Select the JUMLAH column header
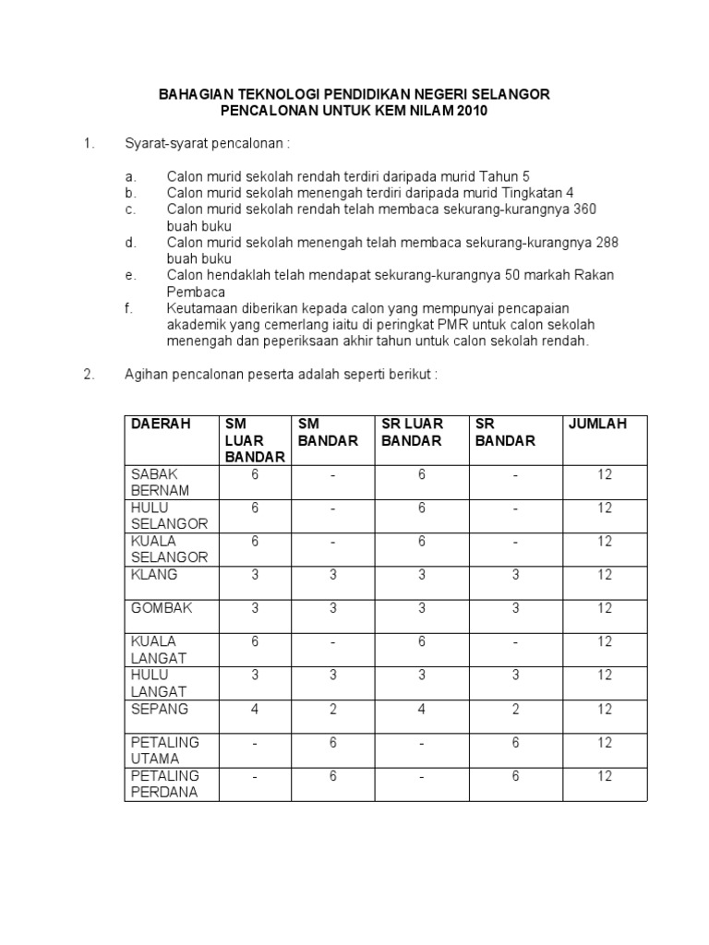pyautogui.click(x=596, y=424)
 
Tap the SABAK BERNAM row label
pyautogui.click(x=160, y=482)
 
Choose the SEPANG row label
pyautogui.click(x=160, y=709)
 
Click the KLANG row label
pyautogui.click(x=154, y=574)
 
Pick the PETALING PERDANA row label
pyautogui.click(x=165, y=784)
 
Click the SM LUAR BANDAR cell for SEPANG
pyautogui.click(x=254, y=709)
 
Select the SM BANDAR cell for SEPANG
pyautogui.click(x=332, y=709)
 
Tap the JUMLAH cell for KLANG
pyautogui.click(x=604, y=574)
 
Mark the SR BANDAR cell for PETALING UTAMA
pyautogui.click(x=515, y=742)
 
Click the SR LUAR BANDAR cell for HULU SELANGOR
pyautogui.click(x=421, y=508)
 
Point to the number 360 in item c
pyautogui.click(x=584, y=209)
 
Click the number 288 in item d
pyautogui.click(x=606, y=243)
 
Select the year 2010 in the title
pyautogui.click(x=468, y=112)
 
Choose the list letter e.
pyautogui.click(x=129, y=275)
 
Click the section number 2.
pyautogui.click(x=89, y=375)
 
